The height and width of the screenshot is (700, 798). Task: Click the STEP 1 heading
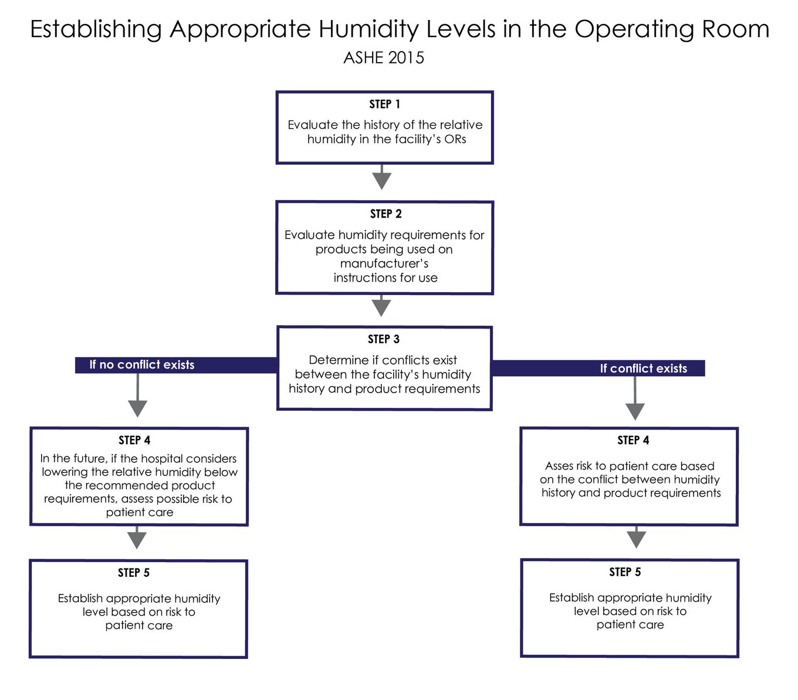pos(384,104)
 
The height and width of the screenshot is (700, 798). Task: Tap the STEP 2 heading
pos(386,214)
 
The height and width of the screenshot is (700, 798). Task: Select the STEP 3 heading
pos(383,339)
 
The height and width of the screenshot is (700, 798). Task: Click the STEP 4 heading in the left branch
pos(134,440)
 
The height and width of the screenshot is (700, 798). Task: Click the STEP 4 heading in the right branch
pos(633,440)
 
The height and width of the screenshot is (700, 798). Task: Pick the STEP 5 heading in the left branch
pos(134,573)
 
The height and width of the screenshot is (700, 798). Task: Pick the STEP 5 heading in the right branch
pos(625,572)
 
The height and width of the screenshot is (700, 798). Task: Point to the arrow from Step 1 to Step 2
pos(382,177)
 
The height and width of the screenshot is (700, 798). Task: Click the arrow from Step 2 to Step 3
pos(381,306)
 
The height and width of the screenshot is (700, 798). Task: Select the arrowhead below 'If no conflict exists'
pos(137,408)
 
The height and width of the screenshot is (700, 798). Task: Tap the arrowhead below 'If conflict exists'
pos(635,411)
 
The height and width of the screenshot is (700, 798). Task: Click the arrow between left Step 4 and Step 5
pos(137,538)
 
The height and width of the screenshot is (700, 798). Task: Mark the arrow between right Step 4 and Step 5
pos(636,537)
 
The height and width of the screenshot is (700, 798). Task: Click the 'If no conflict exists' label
pos(141,365)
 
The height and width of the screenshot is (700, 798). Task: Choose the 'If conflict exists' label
pos(643,368)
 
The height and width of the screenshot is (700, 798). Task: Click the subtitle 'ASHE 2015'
pos(384,58)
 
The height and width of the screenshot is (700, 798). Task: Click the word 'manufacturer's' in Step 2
pos(384,263)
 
